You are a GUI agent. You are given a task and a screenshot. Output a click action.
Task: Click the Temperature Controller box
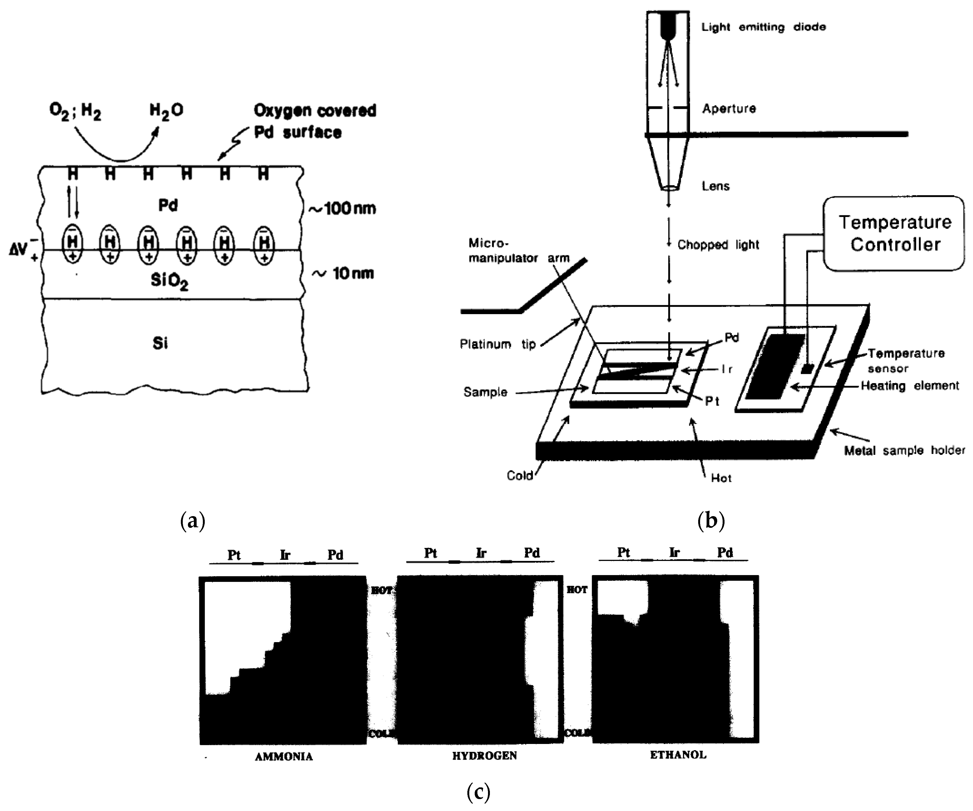[894, 233]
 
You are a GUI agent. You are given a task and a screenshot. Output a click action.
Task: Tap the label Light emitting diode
[763, 27]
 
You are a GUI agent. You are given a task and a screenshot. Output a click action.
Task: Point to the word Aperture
[729, 108]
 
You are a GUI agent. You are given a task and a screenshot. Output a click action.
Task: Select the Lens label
[715, 186]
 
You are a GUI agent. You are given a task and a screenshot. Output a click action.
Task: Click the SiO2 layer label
[169, 281]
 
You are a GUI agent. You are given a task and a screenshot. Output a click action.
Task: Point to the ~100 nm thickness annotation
[343, 209]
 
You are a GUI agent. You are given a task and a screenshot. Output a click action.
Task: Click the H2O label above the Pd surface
[166, 111]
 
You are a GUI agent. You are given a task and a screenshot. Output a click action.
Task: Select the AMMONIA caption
[284, 757]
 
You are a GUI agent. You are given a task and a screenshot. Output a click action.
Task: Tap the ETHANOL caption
[678, 755]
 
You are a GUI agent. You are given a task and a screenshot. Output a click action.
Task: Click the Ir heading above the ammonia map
[285, 555]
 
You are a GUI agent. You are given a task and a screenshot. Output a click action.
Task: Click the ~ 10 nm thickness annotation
[343, 274]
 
